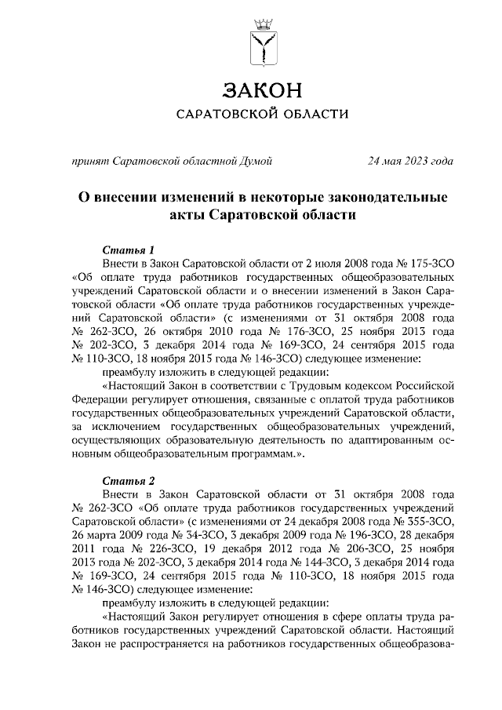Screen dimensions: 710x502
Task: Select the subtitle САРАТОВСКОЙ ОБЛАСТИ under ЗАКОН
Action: point(263,115)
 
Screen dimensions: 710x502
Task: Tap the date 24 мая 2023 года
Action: point(410,162)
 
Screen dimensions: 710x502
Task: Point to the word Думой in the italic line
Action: point(256,162)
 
